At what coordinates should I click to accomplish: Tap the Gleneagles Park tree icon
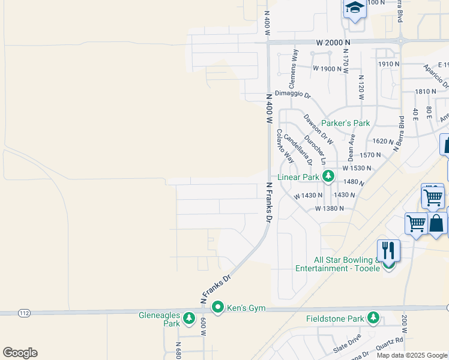coord(189,317)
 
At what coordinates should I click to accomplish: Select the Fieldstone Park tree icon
coord(374,317)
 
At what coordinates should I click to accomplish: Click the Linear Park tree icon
coord(328,176)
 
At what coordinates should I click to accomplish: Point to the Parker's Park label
coord(345,123)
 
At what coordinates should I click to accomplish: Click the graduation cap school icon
coord(355,8)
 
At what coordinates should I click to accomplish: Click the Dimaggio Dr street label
coord(293,94)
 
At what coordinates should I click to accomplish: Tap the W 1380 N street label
coord(330,208)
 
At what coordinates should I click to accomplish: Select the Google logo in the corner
coord(20,353)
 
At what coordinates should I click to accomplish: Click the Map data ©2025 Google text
coord(412,355)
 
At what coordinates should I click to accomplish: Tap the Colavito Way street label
coord(285,147)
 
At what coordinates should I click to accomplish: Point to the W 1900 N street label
coord(327,68)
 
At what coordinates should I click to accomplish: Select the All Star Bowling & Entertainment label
coord(339,265)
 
